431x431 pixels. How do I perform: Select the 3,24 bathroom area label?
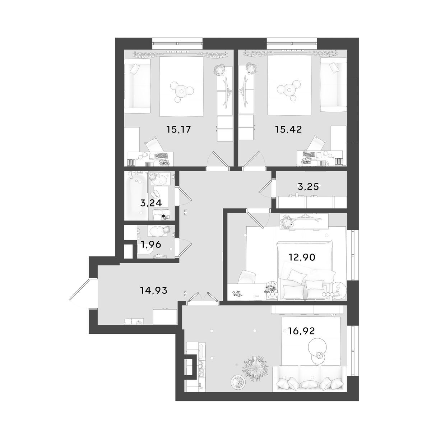(151, 203)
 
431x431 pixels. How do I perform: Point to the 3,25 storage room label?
(308, 186)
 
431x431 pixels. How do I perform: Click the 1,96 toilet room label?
(151, 245)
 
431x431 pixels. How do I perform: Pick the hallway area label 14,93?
(154, 290)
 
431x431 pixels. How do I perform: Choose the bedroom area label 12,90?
(302, 257)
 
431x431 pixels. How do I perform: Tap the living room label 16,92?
(301, 331)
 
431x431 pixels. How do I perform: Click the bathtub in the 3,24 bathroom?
(136, 196)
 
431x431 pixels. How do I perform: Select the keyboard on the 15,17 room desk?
(161, 156)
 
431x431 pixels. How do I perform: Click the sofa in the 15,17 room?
(137, 86)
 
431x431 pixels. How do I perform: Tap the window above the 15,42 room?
(292, 44)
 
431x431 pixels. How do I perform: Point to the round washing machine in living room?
(237, 382)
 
